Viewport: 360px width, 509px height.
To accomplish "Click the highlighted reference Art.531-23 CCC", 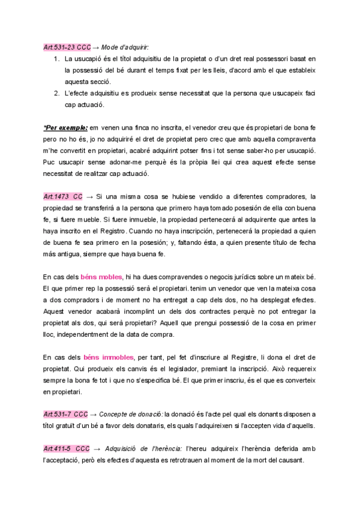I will pos(66,47).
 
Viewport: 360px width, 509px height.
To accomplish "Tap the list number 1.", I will pos(56,59).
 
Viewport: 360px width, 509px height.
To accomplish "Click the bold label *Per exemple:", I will pos(65,128).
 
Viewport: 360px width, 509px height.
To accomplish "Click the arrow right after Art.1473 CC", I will pos(89,197).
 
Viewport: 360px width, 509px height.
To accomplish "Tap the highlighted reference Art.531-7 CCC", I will pos(66,414).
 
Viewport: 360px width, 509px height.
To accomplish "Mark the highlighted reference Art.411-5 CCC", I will pos(66,449).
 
